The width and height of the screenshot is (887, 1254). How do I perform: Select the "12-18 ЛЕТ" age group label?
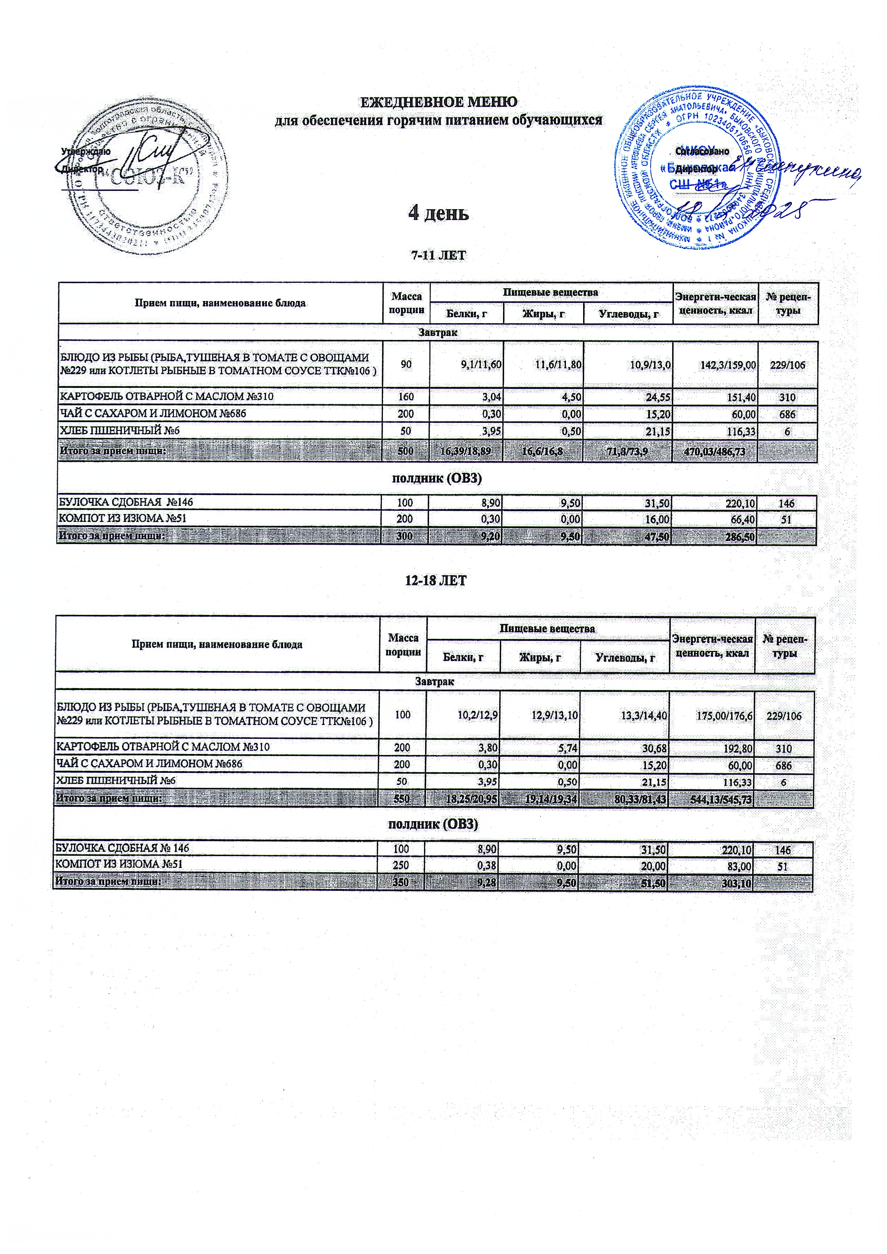coord(435,580)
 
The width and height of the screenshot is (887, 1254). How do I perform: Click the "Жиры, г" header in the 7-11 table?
coord(543,314)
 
